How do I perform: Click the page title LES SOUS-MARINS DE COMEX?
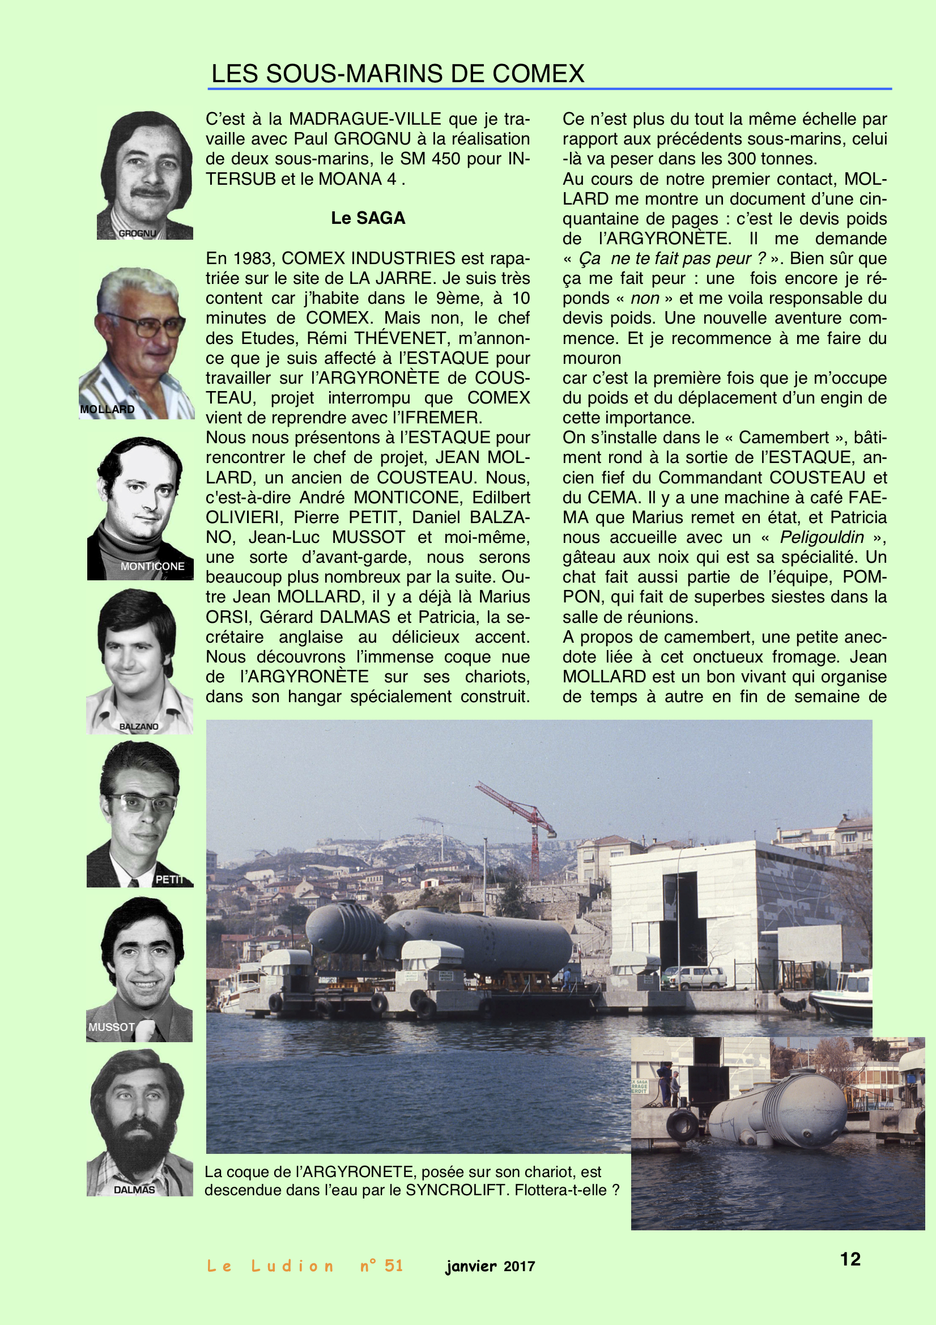398,74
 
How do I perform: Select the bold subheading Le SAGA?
368,218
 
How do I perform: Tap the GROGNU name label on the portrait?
137,233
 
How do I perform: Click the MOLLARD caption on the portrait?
107,409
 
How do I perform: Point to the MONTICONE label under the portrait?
152,566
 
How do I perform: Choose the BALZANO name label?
138,727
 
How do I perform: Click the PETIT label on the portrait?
168,880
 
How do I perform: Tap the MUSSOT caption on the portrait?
112,1027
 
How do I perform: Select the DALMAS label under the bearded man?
134,1190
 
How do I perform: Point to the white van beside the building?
695,977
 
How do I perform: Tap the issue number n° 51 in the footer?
381,1266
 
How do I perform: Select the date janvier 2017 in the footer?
490,1267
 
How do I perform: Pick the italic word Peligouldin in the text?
822,537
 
